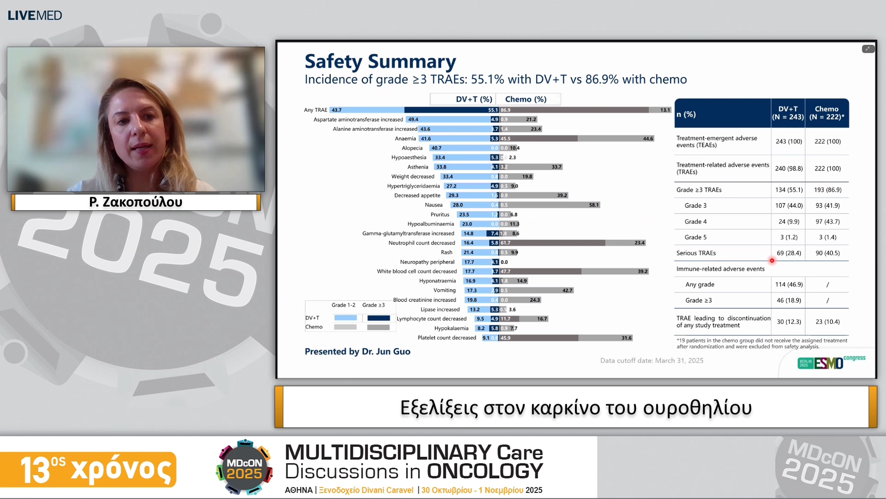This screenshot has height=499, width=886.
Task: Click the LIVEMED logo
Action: (x=35, y=15)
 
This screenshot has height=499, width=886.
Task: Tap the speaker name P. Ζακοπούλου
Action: (x=136, y=202)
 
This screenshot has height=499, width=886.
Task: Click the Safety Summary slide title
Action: (x=380, y=61)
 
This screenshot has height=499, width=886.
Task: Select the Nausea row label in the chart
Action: (x=433, y=205)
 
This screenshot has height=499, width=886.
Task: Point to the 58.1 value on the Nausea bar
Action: (x=593, y=205)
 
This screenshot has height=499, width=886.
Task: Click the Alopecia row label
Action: (x=412, y=148)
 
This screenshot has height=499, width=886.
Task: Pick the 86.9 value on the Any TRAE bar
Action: (x=506, y=110)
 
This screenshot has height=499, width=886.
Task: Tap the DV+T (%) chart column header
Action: (x=473, y=99)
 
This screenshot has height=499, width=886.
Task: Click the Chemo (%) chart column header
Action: (x=526, y=99)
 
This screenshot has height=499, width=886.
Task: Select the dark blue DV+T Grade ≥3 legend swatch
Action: (x=378, y=318)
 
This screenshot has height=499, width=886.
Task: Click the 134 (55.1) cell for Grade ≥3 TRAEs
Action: (x=789, y=190)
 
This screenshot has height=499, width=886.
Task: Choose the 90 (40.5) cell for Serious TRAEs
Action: (x=827, y=253)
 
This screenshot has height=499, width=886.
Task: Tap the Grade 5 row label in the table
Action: (x=695, y=237)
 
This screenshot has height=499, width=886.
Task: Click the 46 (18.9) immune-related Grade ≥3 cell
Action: (x=789, y=300)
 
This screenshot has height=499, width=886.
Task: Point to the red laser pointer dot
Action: (x=772, y=261)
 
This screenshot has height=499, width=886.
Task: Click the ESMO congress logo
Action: (x=831, y=362)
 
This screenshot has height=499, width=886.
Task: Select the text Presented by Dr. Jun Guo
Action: (x=357, y=352)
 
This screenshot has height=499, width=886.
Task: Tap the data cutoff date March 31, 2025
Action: (x=652, y=361)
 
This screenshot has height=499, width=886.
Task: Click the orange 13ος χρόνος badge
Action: (x=88, y=469)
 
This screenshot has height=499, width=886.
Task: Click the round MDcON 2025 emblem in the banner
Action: (x=244, y=468)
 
